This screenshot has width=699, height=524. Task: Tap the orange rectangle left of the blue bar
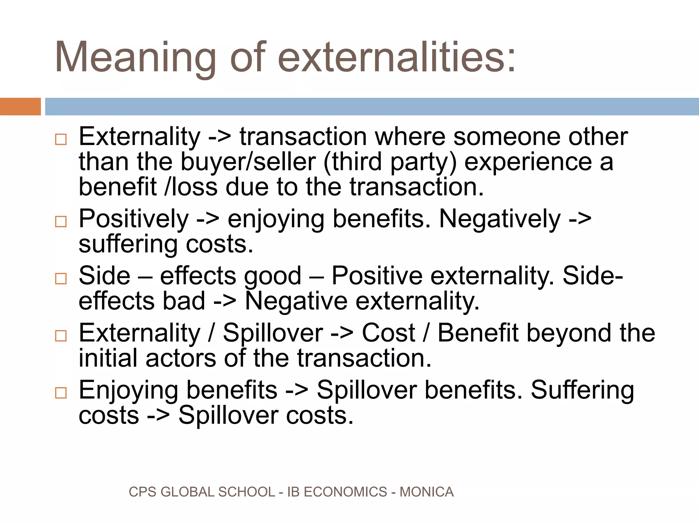20,106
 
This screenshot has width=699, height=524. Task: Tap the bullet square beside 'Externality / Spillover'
61,336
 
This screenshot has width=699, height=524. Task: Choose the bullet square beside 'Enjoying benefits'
61,393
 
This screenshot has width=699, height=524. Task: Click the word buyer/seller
248,162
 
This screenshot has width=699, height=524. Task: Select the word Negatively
500,219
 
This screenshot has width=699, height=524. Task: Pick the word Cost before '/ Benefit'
388,333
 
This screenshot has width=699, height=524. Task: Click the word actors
181,359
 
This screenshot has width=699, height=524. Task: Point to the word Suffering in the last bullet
582,391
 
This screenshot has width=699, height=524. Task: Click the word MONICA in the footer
426,492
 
